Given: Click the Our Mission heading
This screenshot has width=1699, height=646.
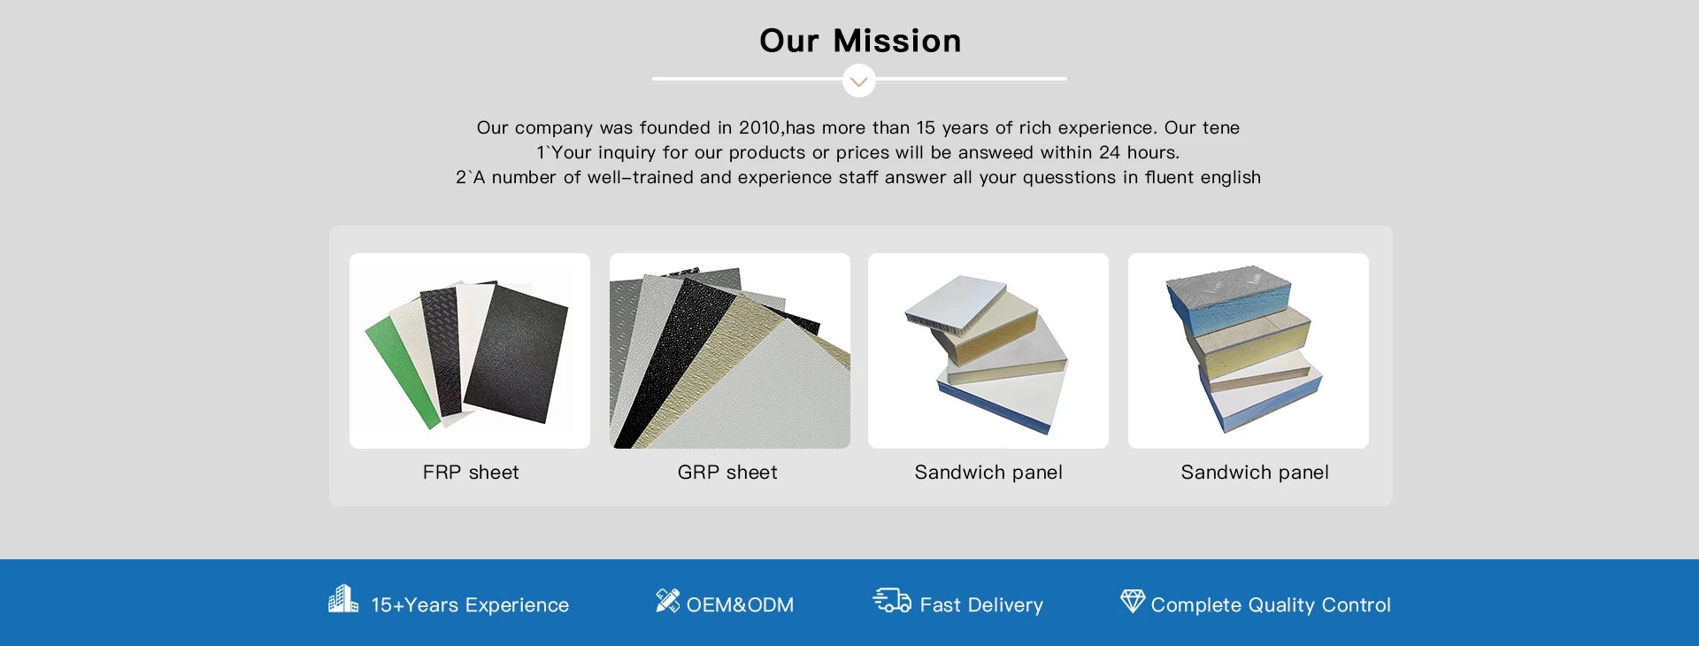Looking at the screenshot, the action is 860,41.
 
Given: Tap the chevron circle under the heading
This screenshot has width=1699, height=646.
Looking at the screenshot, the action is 859,81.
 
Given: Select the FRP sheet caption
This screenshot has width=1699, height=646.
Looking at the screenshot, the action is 471,473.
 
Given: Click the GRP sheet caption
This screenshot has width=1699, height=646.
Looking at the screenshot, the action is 727,473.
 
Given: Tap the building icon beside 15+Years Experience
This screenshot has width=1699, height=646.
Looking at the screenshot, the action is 343,599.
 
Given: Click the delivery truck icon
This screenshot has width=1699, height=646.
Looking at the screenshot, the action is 892,601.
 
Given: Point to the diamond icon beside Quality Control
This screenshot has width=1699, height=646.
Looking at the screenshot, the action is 1133,601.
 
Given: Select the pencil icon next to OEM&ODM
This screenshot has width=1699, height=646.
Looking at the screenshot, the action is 668,600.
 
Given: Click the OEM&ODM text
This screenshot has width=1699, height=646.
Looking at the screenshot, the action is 741,605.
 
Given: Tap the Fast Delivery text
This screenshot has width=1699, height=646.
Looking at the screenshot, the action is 981,605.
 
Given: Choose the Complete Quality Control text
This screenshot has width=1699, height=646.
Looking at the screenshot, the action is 1271,605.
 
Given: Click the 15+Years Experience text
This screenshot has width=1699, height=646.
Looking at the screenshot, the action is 470,605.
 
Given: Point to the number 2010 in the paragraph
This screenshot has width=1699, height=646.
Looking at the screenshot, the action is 760,127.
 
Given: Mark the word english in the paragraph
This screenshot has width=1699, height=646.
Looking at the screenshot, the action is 1231,177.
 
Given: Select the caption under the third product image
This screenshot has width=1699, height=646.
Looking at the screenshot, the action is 988,473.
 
